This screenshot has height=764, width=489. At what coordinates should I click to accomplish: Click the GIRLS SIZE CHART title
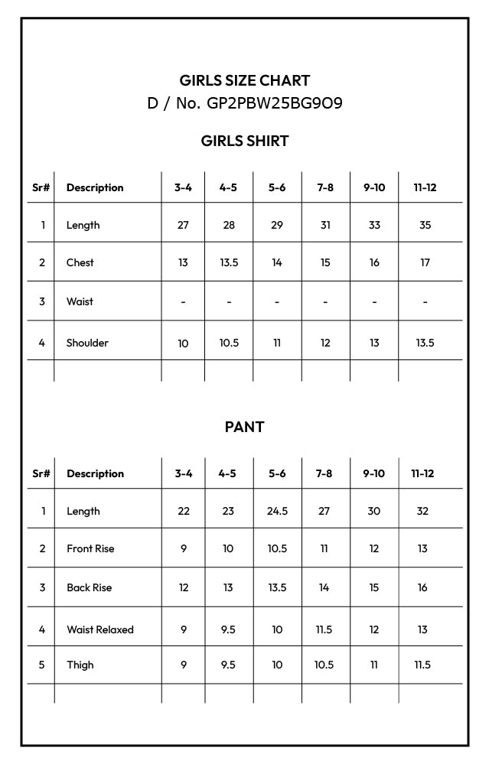point(244,80)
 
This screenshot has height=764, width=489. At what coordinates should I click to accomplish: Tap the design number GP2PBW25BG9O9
point(275,103)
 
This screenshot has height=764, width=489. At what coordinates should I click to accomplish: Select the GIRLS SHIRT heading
point(244,141)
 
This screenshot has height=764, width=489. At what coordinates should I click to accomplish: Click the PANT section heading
point(244,427)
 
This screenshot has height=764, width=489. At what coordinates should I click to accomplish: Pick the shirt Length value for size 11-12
point(425,225)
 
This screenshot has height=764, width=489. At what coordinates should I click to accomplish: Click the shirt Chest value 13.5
point(229,262)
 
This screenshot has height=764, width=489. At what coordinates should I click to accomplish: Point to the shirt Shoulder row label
point(87,343)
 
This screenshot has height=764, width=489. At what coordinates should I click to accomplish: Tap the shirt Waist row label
point(80,301)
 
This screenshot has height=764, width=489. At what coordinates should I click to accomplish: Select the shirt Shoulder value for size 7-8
point(325,343)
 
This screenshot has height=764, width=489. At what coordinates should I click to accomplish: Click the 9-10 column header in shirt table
point(374,187)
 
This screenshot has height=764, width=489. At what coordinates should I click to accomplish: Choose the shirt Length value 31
point(325,225)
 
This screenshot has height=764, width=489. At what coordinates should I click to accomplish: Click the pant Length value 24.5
point(277,511)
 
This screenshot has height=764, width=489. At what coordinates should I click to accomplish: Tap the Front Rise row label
point(90,548)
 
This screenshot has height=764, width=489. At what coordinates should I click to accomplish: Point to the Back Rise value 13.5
point(277,587)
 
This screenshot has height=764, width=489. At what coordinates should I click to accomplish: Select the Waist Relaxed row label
point(99,629)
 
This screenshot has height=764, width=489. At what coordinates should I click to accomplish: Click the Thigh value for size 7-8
point(324,665)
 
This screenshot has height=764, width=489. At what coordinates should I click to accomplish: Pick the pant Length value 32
point(422,511)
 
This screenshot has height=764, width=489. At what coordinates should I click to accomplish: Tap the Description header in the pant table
point(95,473)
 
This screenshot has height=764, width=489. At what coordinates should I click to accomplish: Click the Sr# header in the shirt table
point(41,187)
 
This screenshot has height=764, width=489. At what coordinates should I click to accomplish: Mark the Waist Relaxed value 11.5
point(324,629)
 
